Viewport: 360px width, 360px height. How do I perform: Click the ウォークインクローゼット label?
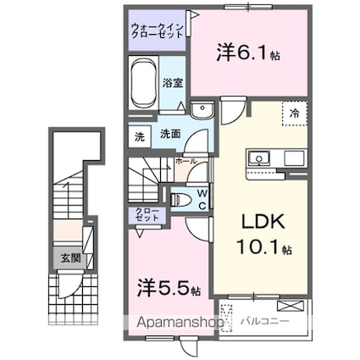[x=158, y=32]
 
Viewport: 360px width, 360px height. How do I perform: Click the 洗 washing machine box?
[x=138, y=134]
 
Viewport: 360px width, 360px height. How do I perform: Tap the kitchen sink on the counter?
[x=258, y=158]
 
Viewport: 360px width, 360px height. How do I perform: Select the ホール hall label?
[x=186, y=160]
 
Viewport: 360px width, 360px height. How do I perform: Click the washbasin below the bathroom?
[x=201, y=110]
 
